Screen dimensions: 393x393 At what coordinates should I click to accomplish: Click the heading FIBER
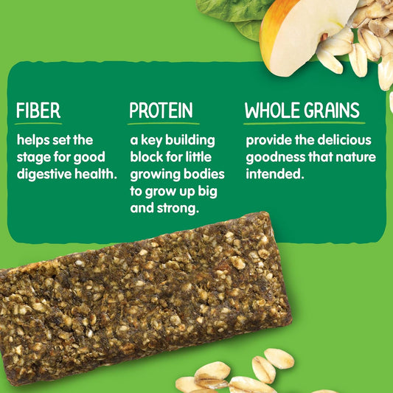click(38, 111)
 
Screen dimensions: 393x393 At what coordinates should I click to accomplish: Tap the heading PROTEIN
click(161, 111)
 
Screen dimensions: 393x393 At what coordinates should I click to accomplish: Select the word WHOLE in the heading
click(271, 111)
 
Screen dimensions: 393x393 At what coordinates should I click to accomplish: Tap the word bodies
click(202, 175)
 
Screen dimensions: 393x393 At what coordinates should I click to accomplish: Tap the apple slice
click(295, 33)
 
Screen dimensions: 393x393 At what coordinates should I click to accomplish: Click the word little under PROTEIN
click(201, 157)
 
